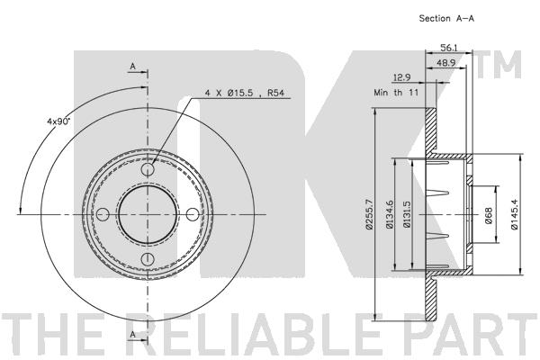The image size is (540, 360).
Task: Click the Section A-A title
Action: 446,19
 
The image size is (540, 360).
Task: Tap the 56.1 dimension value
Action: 448,48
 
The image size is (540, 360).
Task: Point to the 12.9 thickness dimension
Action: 401,77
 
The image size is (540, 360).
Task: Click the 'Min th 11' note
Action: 396,93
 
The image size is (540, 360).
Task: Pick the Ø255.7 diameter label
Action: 369,214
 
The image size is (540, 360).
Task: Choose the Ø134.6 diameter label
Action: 390,214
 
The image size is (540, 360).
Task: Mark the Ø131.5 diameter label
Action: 407,214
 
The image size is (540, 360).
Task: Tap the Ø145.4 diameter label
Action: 514,214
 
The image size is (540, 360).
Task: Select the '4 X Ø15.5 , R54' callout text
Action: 245,93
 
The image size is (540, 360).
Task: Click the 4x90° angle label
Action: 58,121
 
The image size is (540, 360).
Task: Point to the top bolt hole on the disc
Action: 148,169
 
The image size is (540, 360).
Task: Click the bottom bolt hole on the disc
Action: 148,258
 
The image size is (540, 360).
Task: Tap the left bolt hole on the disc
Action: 103,214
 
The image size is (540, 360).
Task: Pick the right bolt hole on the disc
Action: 193,214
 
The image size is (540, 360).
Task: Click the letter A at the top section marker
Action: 133,66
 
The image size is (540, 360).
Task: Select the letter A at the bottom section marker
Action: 133,334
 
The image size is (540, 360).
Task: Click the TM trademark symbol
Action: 500,65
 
